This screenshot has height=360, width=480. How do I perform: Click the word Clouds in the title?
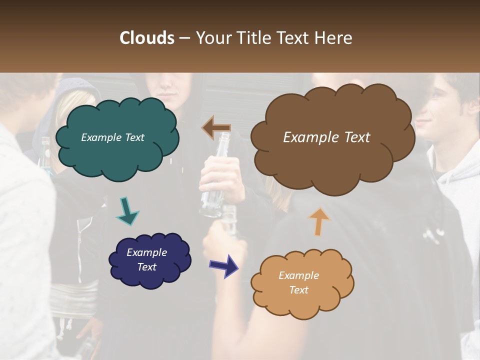[147, 38]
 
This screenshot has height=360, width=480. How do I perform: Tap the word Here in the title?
[333, 38]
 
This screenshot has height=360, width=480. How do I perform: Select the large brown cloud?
[332, 137]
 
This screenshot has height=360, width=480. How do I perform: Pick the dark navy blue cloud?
[149, 260]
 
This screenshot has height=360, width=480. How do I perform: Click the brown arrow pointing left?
[216, 127]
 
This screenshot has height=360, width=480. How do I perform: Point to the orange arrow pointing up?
[319, 221]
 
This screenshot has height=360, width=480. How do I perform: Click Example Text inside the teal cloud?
[112, 137]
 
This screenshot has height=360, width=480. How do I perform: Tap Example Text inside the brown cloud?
[326, 137]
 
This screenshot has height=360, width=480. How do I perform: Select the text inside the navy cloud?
[146, 259]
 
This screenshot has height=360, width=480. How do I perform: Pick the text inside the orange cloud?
[298, 282]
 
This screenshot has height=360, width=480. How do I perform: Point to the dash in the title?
[184, 38]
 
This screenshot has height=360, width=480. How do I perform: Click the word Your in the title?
[212, 38]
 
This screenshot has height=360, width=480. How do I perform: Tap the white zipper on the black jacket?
[79, 250]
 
